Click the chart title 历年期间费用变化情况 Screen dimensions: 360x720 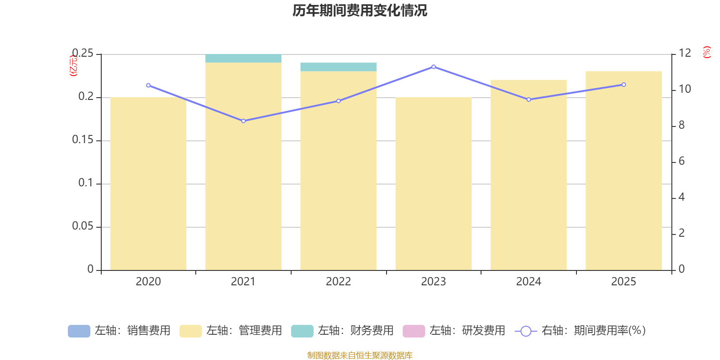click(x=360, y=10)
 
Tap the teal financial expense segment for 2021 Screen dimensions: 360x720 click(x=243, y=58)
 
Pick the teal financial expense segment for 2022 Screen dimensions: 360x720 click(x=338, y=67)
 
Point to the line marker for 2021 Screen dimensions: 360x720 click(x=243, y=121)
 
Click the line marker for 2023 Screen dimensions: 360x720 click(x=434, y=67)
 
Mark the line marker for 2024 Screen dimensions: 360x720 click(x=529, y=99)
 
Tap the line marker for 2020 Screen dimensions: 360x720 click(x=148, y=85)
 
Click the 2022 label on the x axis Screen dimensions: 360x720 click(x=338, y=282)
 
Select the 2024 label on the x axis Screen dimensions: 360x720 click(x=529, y=282)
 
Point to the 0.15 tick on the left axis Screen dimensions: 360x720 click(x=83, y=140)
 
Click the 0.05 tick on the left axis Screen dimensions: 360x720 click(x=83, y=226)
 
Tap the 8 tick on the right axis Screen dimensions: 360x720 click(x=682, y=126)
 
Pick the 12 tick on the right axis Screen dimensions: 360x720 click(x=685, y=53)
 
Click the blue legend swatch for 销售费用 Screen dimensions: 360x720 click(x=79, y=331)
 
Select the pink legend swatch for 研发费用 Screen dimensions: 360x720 click(x=414, y=331)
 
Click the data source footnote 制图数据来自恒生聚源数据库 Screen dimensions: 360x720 click(x=360, y=355)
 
